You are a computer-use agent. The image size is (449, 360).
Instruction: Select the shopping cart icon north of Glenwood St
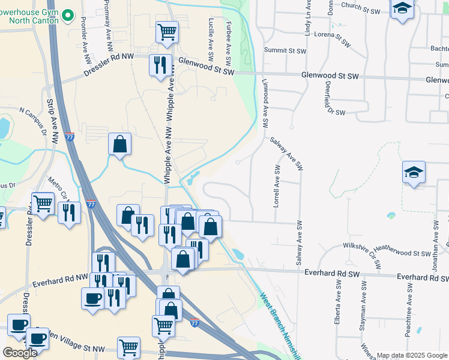[x=167, y=32]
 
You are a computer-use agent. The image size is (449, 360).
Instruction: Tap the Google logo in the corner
[x=20, y=353]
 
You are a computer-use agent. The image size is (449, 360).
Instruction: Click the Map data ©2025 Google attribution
[x=411, y=355]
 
